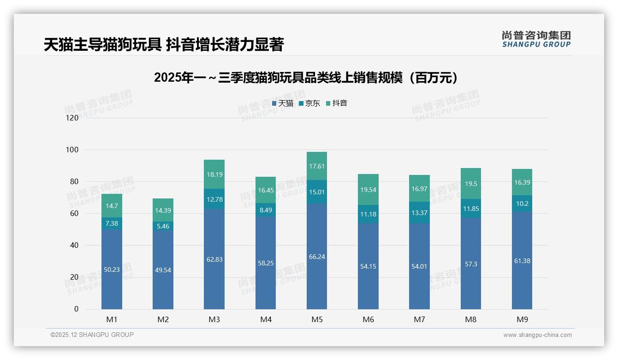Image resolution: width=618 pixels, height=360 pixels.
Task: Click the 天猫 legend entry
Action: click(283, 103)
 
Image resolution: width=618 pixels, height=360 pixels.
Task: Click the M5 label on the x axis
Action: click(317, 319)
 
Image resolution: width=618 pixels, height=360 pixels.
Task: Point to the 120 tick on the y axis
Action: click(72, 118)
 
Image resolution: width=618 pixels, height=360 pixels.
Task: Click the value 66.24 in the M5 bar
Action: click(317, 257)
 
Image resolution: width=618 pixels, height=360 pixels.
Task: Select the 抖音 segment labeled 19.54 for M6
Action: click(368, 190)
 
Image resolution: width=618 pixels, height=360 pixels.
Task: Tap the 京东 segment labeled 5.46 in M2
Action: click(163, 227)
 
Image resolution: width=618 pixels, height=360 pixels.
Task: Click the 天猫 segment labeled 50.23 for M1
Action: click(112, 270)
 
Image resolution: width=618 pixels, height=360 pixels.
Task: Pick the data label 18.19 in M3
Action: click(214, 174)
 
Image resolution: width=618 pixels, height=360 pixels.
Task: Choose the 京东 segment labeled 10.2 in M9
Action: click(522, 204)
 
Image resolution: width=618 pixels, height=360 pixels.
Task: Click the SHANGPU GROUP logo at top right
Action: click(536, 39)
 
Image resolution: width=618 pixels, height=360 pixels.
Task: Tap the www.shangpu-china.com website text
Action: click(537, 335)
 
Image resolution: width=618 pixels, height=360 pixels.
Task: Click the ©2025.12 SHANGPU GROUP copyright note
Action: click(92, 335)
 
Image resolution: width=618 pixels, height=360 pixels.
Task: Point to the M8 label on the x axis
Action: click(471, 319)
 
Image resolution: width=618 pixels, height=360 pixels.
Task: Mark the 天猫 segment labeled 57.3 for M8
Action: click(471, 264)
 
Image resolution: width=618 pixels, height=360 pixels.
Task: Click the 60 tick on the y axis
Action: click(74, 214)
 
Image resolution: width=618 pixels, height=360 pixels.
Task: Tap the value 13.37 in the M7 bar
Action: click(419, 212)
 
